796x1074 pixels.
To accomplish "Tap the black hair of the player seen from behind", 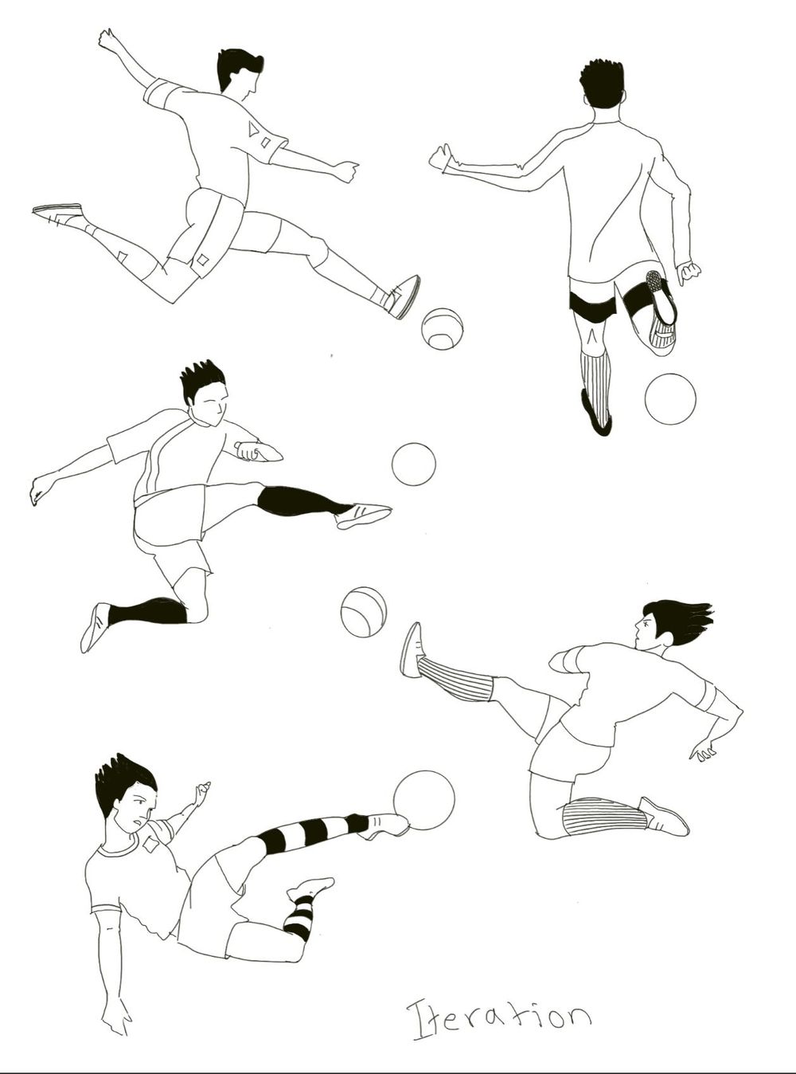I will click(602, 84).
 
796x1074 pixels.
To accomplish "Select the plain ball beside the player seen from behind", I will click(670, 398).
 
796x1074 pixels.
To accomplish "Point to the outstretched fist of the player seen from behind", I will click(440, 158).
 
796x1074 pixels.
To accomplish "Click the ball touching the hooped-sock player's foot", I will click(424, 800).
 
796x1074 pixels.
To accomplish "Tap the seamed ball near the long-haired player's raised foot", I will click(364, 612).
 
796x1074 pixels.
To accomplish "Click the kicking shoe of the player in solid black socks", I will click(363, 515).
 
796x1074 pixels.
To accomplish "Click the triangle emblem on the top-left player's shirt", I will click(254, 129).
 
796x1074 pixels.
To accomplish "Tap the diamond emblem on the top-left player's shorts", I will click(202, 259).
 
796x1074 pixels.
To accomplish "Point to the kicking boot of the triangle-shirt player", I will click(405, 296).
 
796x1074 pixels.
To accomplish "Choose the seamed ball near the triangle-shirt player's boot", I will click(443, 328).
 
